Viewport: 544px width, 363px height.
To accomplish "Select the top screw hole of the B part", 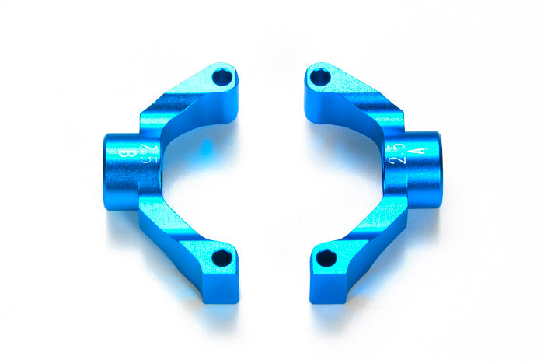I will click(223, 78).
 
